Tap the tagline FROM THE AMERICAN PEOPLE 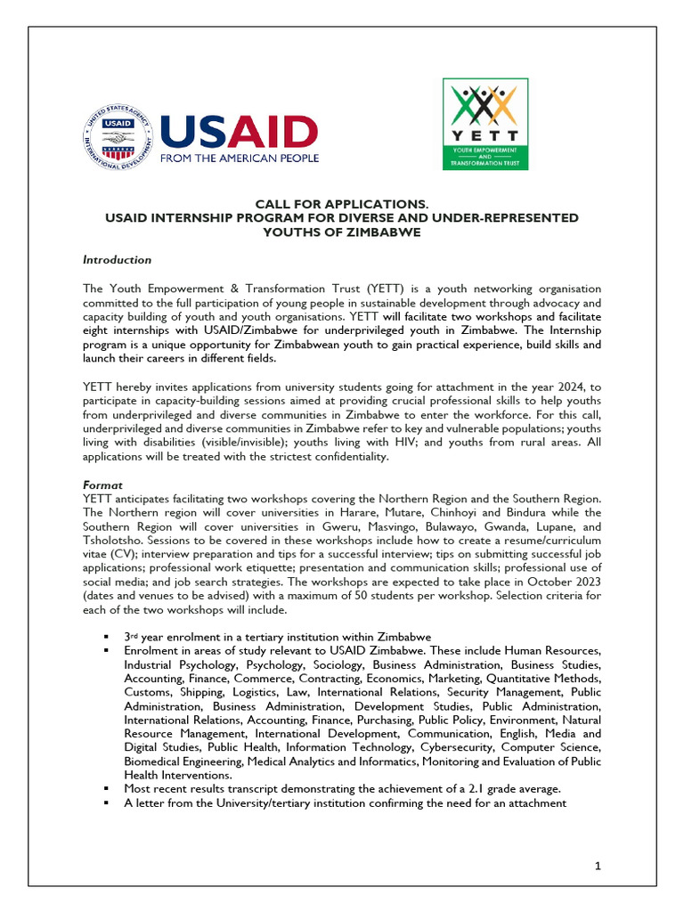click(x=239, y=159)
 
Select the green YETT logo click(x=485, y=124)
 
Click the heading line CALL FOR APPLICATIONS click(x=341, y=205)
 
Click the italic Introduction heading click(x=117, y=260)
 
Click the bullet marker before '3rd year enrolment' click(x=106, y=638)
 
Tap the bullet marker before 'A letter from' click(x=106, y=802)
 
